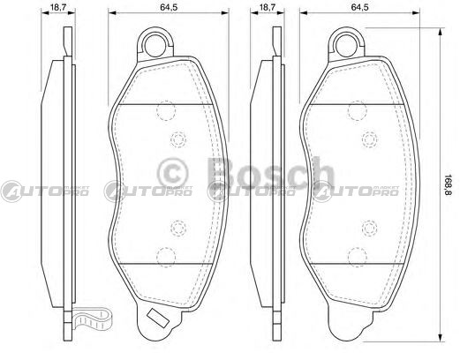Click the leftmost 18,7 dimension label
point(58,7)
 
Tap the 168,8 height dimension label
point(448,185)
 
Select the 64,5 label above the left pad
point(169,7)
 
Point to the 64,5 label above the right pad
point(359,7)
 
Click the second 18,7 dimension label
point(268,7)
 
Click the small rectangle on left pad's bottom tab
point(158,319)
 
